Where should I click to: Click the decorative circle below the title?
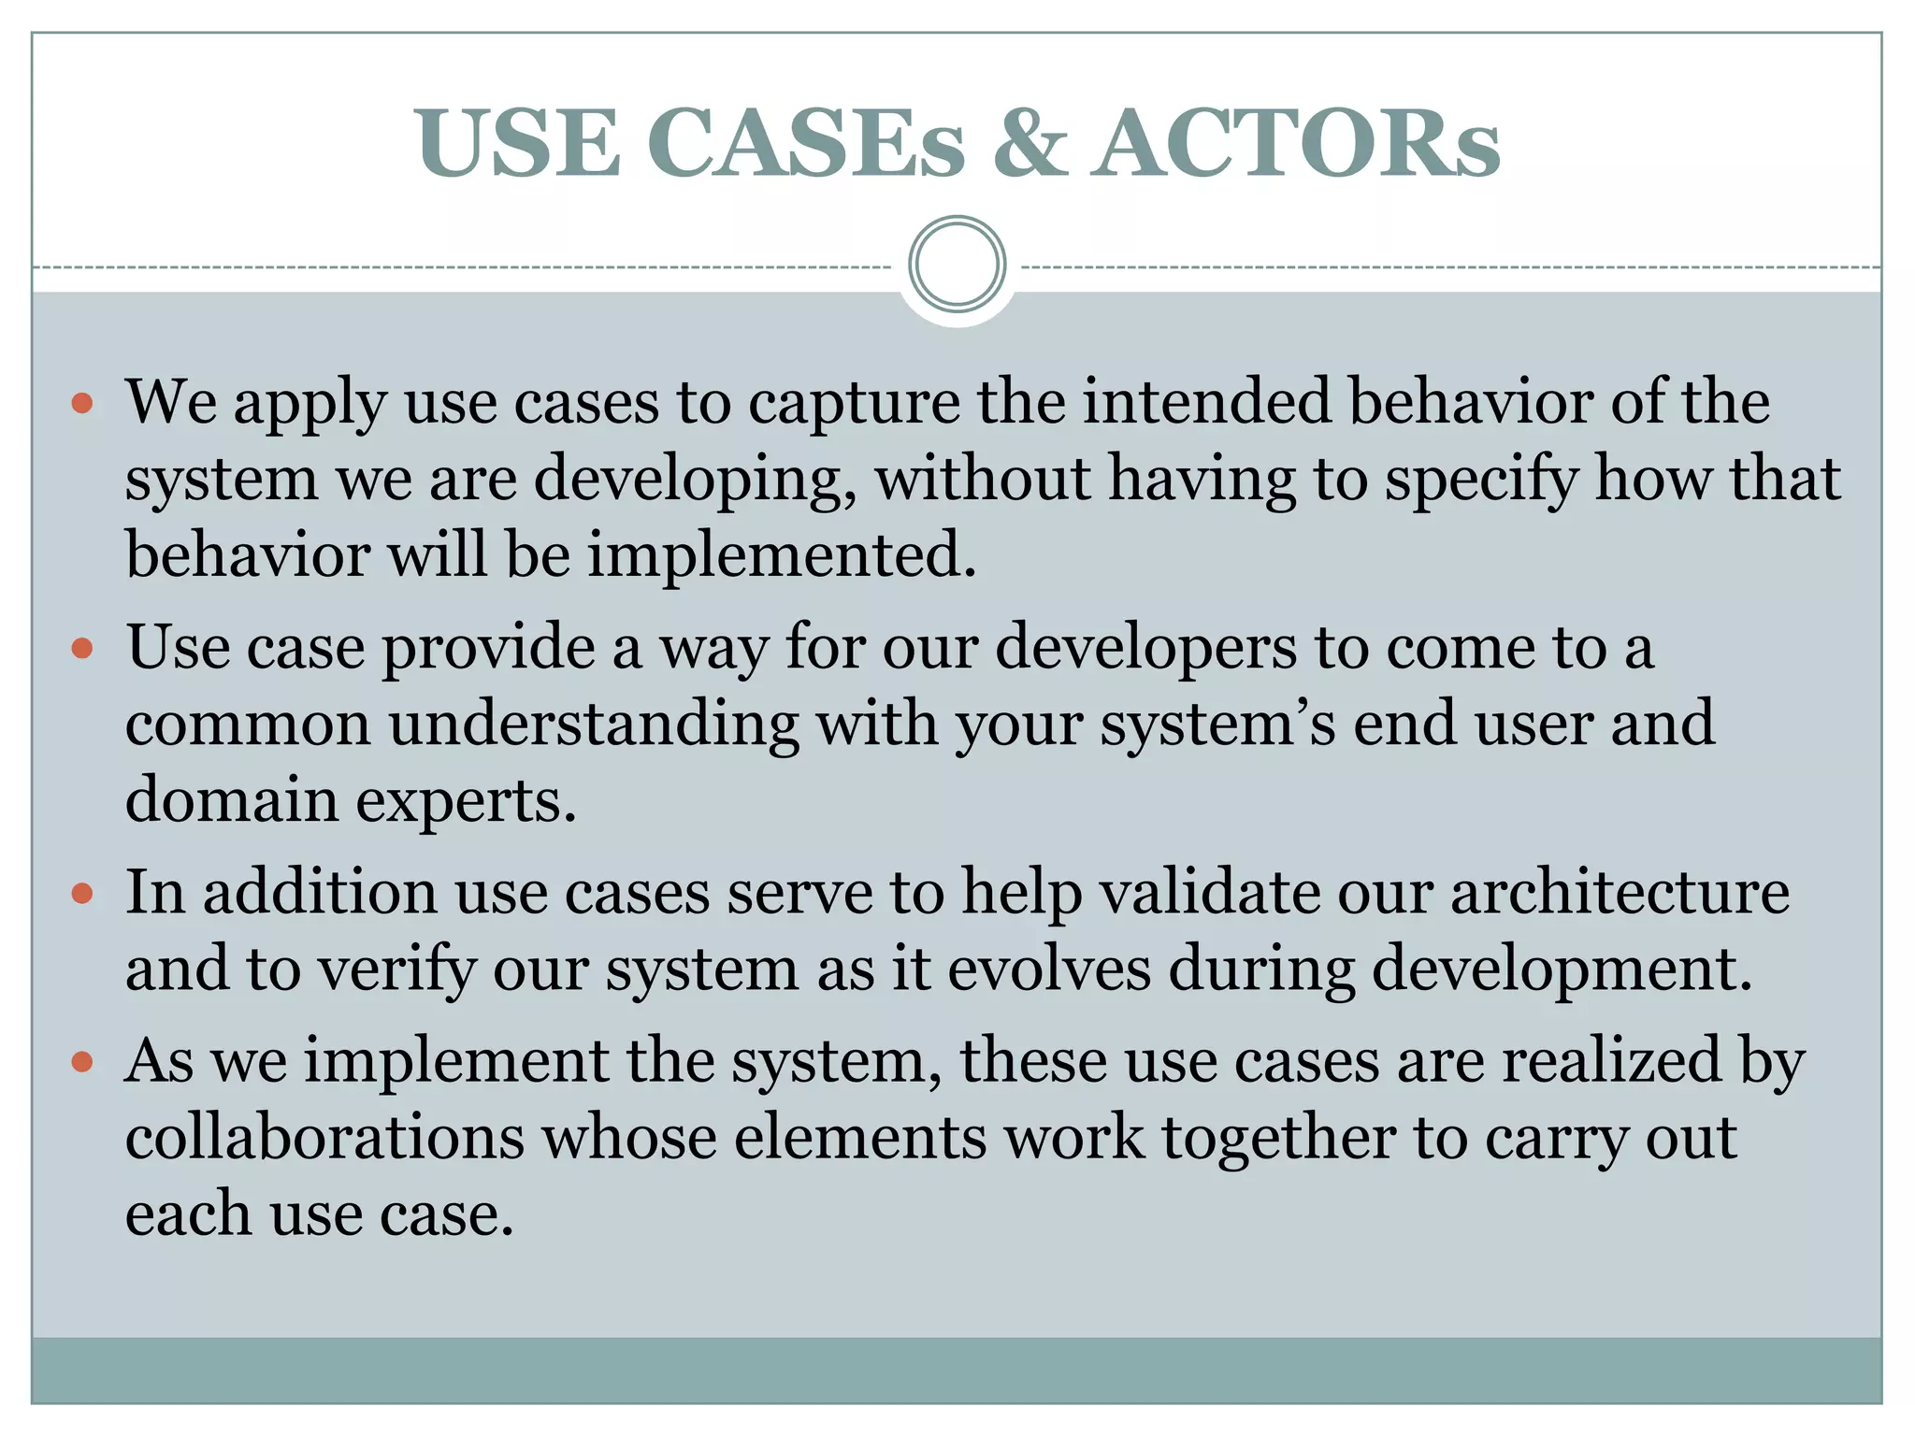pos(957,264)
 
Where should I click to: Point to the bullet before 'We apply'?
pos(82,404)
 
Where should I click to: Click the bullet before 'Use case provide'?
pos(82,648)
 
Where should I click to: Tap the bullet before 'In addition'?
pos(82,893)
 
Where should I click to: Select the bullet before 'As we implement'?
pos(82,1062)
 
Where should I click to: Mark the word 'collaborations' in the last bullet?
pos(324,1139)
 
